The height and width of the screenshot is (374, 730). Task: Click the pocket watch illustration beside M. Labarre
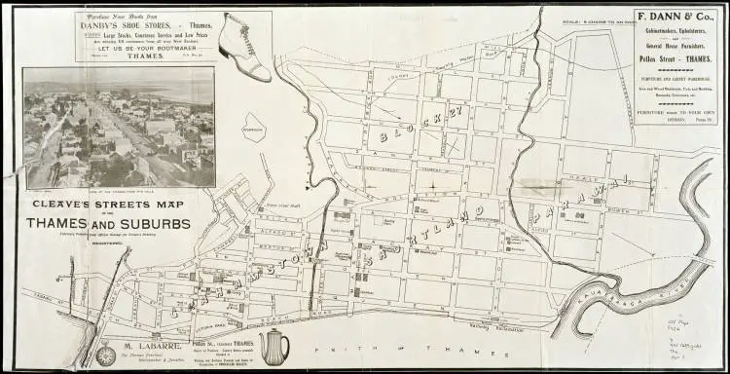[x=105, y=354]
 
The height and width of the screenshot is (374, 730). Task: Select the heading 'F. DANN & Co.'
[x=675, y=18]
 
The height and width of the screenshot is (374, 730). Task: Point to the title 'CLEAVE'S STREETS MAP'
[x=109, y=206]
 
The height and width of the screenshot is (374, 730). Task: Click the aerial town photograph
[x=120, y=127]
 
